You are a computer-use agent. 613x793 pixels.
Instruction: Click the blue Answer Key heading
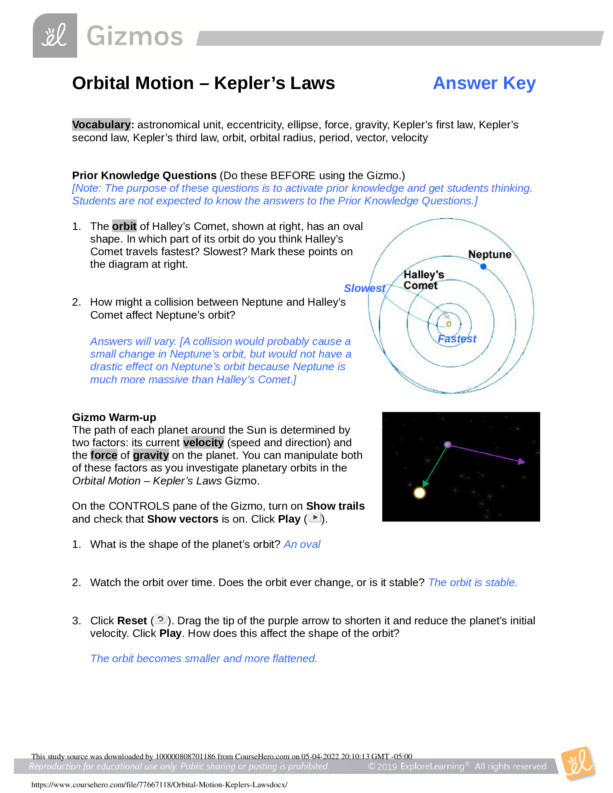pos(484,83)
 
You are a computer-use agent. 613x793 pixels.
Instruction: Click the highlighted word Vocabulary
pos(101,125)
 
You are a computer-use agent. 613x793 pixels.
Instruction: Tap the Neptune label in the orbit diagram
pos(489,254)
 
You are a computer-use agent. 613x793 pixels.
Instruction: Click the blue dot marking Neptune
pos(483,266)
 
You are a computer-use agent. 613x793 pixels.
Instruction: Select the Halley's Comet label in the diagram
pos(423,280)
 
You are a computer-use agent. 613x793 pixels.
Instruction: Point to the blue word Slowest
pos(364,288)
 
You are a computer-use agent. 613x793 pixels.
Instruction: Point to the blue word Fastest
pos(457,339)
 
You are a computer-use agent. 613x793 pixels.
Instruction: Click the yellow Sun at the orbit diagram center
pos(449,324)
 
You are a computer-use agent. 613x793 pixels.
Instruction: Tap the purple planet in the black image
pos(447,445)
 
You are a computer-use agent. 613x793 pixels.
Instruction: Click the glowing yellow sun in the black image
pos(419,493)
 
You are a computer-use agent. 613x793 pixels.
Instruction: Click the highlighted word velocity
pos(203,442)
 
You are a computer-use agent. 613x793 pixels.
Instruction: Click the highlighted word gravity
pos(151,455)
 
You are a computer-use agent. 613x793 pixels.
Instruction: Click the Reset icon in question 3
pos(160,619)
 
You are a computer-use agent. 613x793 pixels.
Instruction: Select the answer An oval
pos(302,544)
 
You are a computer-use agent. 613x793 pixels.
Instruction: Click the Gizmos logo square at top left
pos(55,36)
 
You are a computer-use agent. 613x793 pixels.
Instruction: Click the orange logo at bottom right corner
pos(577,764)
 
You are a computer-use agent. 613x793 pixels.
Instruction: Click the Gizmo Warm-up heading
pos(114,417)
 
